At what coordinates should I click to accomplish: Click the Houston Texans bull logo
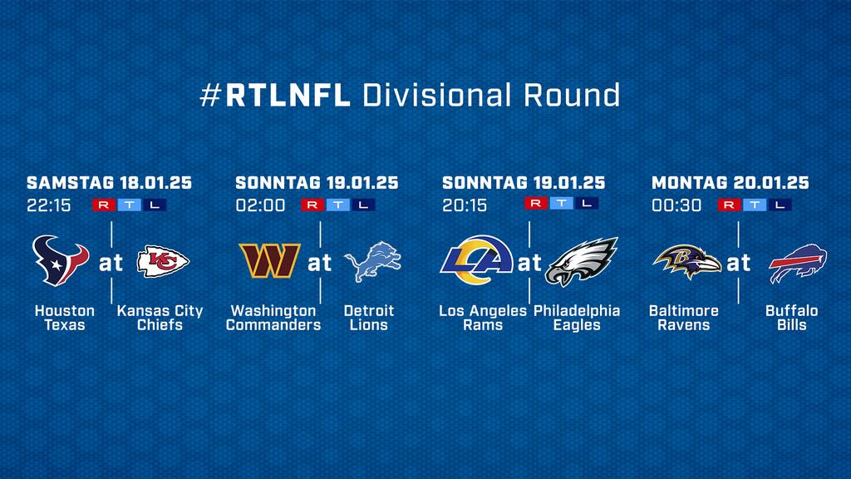coord(60,260)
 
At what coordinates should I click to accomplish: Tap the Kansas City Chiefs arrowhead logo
coord(163,262)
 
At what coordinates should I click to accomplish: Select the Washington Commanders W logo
coord(270,260)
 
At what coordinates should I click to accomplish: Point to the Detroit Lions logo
coord(373,262)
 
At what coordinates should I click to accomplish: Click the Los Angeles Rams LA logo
coord(476,260)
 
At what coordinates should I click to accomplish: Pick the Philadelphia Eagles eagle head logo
coord(581,262)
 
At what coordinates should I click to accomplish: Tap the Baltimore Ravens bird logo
coord(687,262)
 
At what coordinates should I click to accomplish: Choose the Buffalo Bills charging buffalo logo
coord(798,264)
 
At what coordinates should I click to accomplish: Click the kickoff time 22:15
coord(49,205)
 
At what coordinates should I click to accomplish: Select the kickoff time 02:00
coord(260,205)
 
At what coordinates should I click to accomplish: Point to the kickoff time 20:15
coord(465,205)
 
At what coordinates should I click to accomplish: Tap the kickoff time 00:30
coord(676,205)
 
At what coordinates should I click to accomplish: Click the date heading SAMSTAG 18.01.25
coord(109,182)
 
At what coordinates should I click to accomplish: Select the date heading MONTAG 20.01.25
coord(730,182)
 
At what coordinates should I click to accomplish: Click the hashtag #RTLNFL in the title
coord(275,95)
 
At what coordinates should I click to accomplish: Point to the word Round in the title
coord(572,95)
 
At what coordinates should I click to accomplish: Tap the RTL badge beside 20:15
coord(561,203)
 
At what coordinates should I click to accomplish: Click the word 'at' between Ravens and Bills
coord(738,264)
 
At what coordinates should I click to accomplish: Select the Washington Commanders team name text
coord(273,318)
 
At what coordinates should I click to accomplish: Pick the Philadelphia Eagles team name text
coord(577,318)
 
